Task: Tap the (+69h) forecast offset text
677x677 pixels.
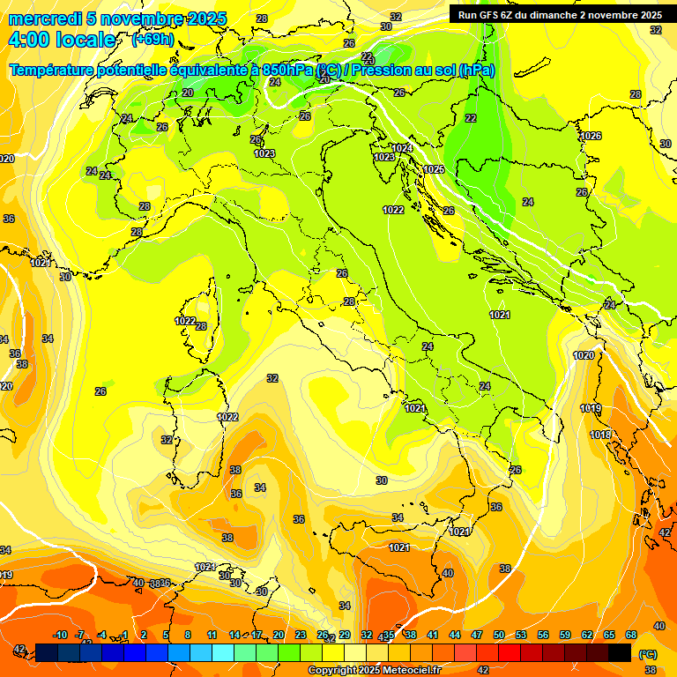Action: (153, 40)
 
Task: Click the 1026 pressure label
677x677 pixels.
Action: (591, 136)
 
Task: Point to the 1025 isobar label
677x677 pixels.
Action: (434, 169)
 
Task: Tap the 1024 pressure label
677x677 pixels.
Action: (402, 148)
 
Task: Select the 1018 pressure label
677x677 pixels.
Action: (600, 435)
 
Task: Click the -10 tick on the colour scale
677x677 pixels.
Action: (60, 635)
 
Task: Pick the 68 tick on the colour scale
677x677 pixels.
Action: (631, 635)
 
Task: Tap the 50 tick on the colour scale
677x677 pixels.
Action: (499, 635)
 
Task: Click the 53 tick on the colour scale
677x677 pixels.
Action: (521, 635)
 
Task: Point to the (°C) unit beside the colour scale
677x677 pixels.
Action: (647, 654)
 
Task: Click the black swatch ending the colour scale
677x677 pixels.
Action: (620, 652)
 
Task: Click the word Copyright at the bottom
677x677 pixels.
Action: (334, 670)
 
